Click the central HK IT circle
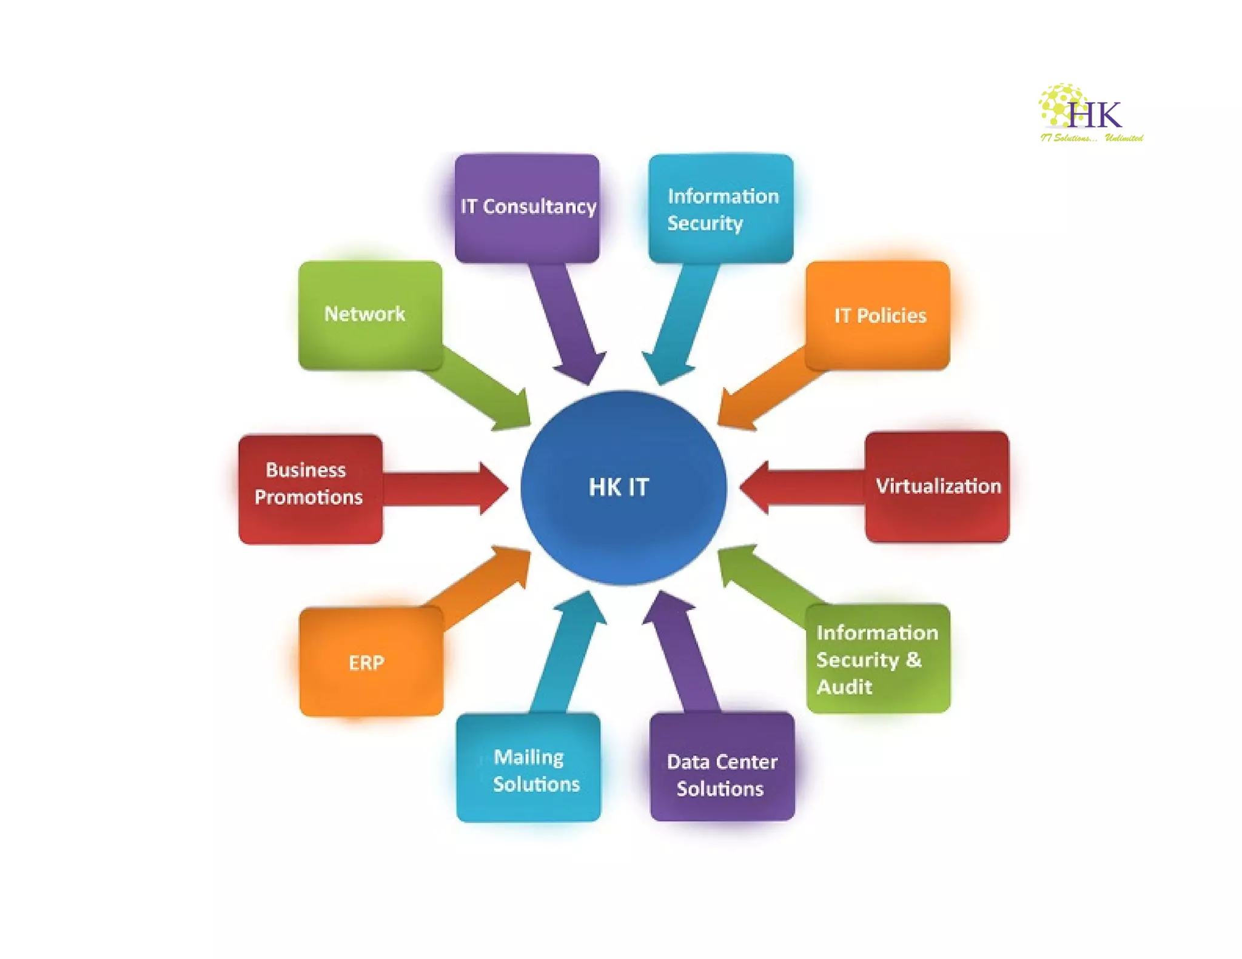tap(623, 487)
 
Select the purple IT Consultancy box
tap(527, 207)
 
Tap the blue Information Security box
tap(720, 209)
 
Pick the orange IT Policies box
tap(878, 315)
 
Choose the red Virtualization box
tap(937, 486)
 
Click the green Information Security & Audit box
tap(878, 659)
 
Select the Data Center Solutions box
tap(722, 767)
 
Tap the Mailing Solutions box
tap(528, 768)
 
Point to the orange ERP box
tap(371, 662)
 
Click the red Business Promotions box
tap(310, 489)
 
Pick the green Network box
tap(370, 315)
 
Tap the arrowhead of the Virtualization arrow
tap(756, 487)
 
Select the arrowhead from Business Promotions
tap(492, 488)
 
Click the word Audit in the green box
tap(844, 687)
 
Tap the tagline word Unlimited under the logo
tap(1124, 138)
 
